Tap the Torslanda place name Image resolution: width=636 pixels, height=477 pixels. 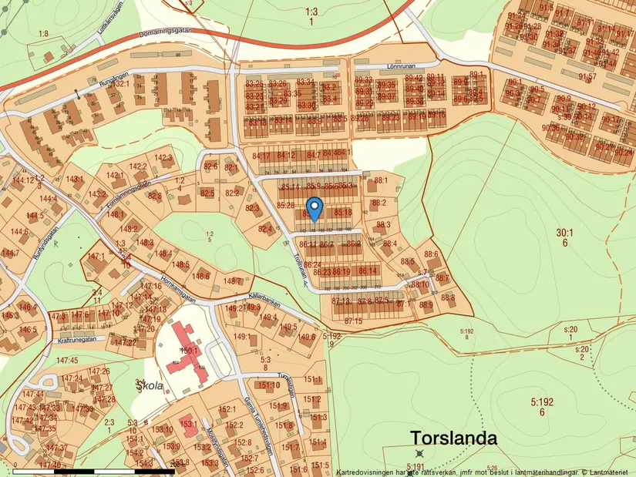coord(453,438)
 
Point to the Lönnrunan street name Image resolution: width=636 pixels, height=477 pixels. coord(400,67)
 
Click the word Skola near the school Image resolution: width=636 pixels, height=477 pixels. coord(150,386)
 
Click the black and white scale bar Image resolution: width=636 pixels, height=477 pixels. coord(93,469)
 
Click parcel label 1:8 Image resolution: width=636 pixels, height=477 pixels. coord(42,34)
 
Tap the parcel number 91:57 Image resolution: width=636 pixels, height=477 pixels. coord(588,77)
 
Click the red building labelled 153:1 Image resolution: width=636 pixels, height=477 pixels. coord(187,423)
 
